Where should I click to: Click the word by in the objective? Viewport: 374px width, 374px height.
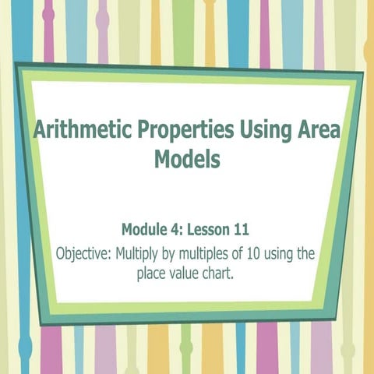tap(175, 254)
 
